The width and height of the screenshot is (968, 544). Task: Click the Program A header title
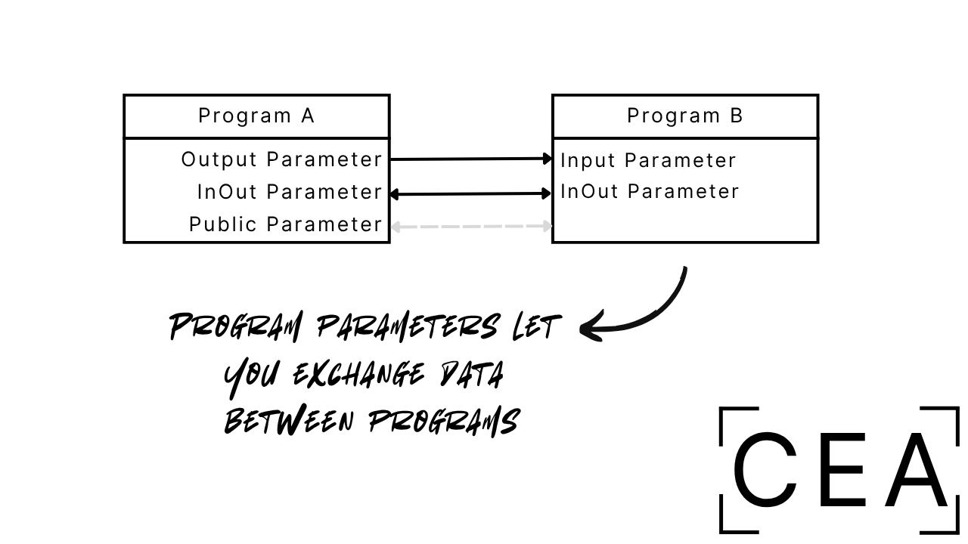(x=256, y=116)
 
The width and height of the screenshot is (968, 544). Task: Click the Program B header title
(x=685, y=116)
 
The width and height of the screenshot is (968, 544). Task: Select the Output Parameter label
(x=282, y=159)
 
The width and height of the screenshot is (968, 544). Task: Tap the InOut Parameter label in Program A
(x=290, y=192)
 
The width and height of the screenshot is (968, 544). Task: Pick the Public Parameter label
(x=286, y=224)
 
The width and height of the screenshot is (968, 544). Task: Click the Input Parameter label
(x=648, y=160)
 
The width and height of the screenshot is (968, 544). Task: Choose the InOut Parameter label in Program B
(x=650, y=191)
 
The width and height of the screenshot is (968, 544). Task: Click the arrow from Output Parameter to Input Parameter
(x=470, y=159)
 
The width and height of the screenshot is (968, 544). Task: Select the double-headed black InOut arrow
(x=470, y=194)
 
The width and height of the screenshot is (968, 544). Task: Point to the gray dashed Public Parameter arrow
(x=470, y=226)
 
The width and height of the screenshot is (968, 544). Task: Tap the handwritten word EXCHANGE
(x=358, y=375)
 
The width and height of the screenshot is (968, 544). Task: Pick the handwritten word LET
(x=535, y=327)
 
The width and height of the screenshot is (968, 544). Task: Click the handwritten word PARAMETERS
(x=407, y=327)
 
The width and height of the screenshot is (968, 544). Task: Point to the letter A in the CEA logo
(x=917, y=470)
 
